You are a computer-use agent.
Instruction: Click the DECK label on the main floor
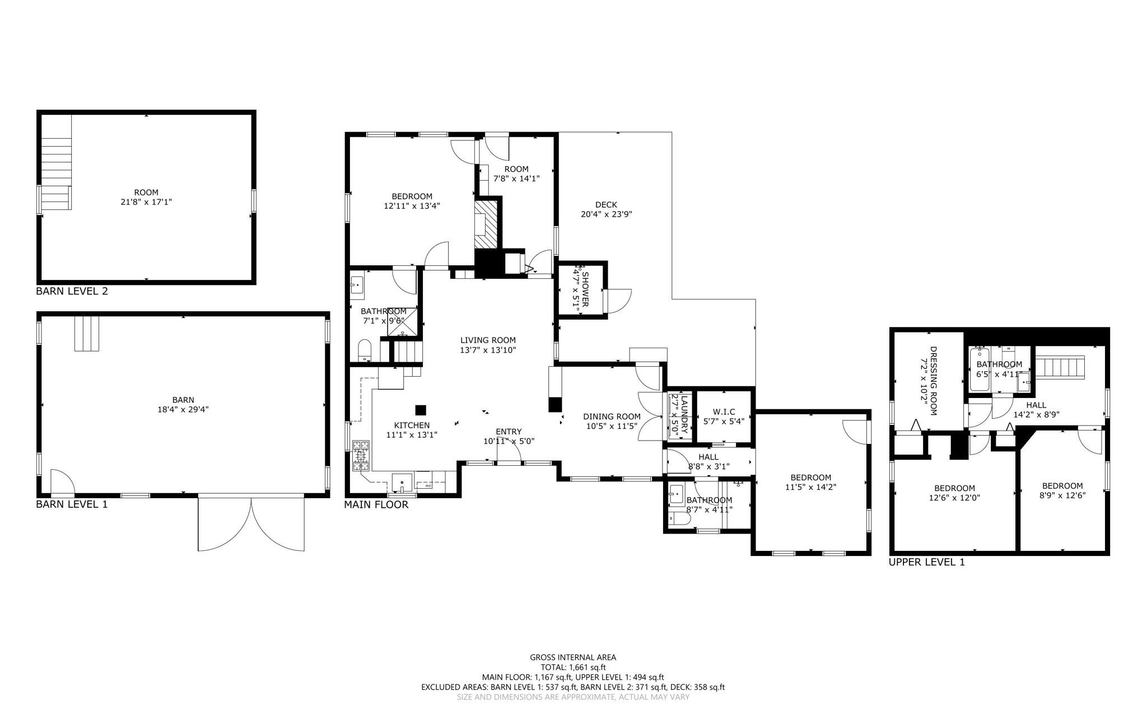[x=606, y=205]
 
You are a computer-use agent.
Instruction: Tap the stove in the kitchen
[x=361, y=455]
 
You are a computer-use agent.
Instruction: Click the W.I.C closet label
[x=724, y=411]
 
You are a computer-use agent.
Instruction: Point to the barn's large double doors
[x=251, y=523]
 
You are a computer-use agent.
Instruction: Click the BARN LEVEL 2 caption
[x=72, y=291]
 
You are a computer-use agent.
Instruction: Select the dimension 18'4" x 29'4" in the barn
[x=183, y=409]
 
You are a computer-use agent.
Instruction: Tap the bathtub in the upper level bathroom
[x=980, y=369]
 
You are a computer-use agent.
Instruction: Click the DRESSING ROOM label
[x=933, y=381]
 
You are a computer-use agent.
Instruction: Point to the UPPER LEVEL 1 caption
[x=926, y=562]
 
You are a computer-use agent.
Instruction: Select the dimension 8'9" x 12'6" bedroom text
[x=1062, y=495]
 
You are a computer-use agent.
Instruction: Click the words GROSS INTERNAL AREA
[x=573, y=657]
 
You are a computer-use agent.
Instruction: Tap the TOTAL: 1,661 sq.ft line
[x=573, y=667]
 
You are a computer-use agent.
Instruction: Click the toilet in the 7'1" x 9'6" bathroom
[x=365, y=350]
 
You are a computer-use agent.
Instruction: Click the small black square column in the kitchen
[x=421, y=410]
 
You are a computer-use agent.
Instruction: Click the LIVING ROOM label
[x=488, y=340]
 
